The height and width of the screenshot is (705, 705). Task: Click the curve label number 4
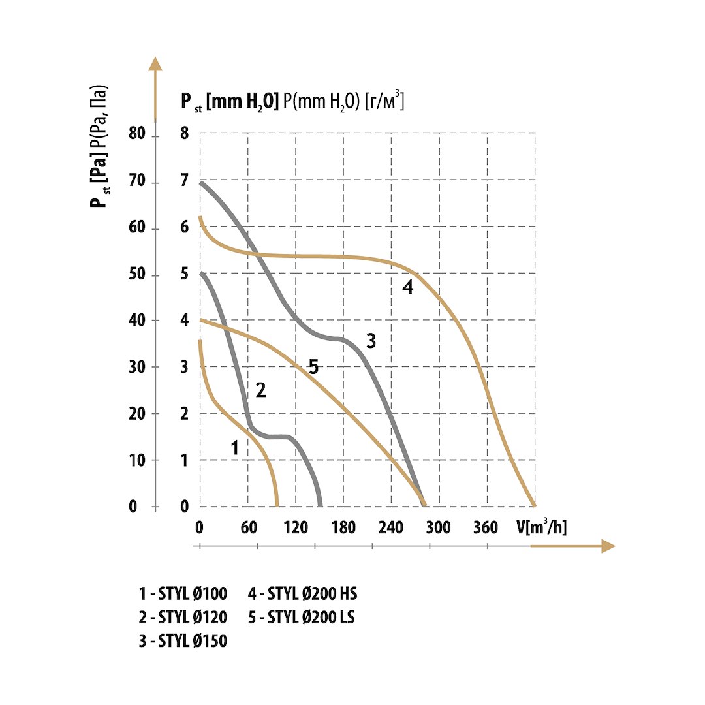pyautogui.click(x=408, y=287)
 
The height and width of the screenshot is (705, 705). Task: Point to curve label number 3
pyautogui.click(x=371, y=341)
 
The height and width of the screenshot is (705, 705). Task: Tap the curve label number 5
pyautogui.click(x=313, y=367)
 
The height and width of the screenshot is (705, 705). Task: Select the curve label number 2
pyautogui.click(x=260, y=390)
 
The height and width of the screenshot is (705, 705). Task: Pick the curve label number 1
pyautogui.click(x=235, y=447)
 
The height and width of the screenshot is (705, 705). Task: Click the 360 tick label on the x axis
pyautogui.click(x=486, y=527)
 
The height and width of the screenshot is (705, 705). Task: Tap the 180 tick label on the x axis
pyautogui.click(x=344, y=527)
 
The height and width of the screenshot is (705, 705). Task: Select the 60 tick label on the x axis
pyautogui.click(x=249, y=527)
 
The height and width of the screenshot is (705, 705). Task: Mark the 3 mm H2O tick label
pyautogui.click(x=185, y=367)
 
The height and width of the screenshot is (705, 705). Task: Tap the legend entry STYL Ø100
pyautogui.click(x=183, y=594)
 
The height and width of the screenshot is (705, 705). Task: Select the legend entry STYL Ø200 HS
pyautogui.click(x=303, y=594)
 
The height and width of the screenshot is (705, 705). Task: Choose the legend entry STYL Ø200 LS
pyautogui.click(x=302, y=617)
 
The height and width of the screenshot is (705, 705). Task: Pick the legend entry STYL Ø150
pyautogui.click(x=183, y=641)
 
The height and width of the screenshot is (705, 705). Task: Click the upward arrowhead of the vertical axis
pyautogui.click(x=155, y=64)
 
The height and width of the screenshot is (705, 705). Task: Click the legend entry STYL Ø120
pyautogui.click(x=183, y=617)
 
